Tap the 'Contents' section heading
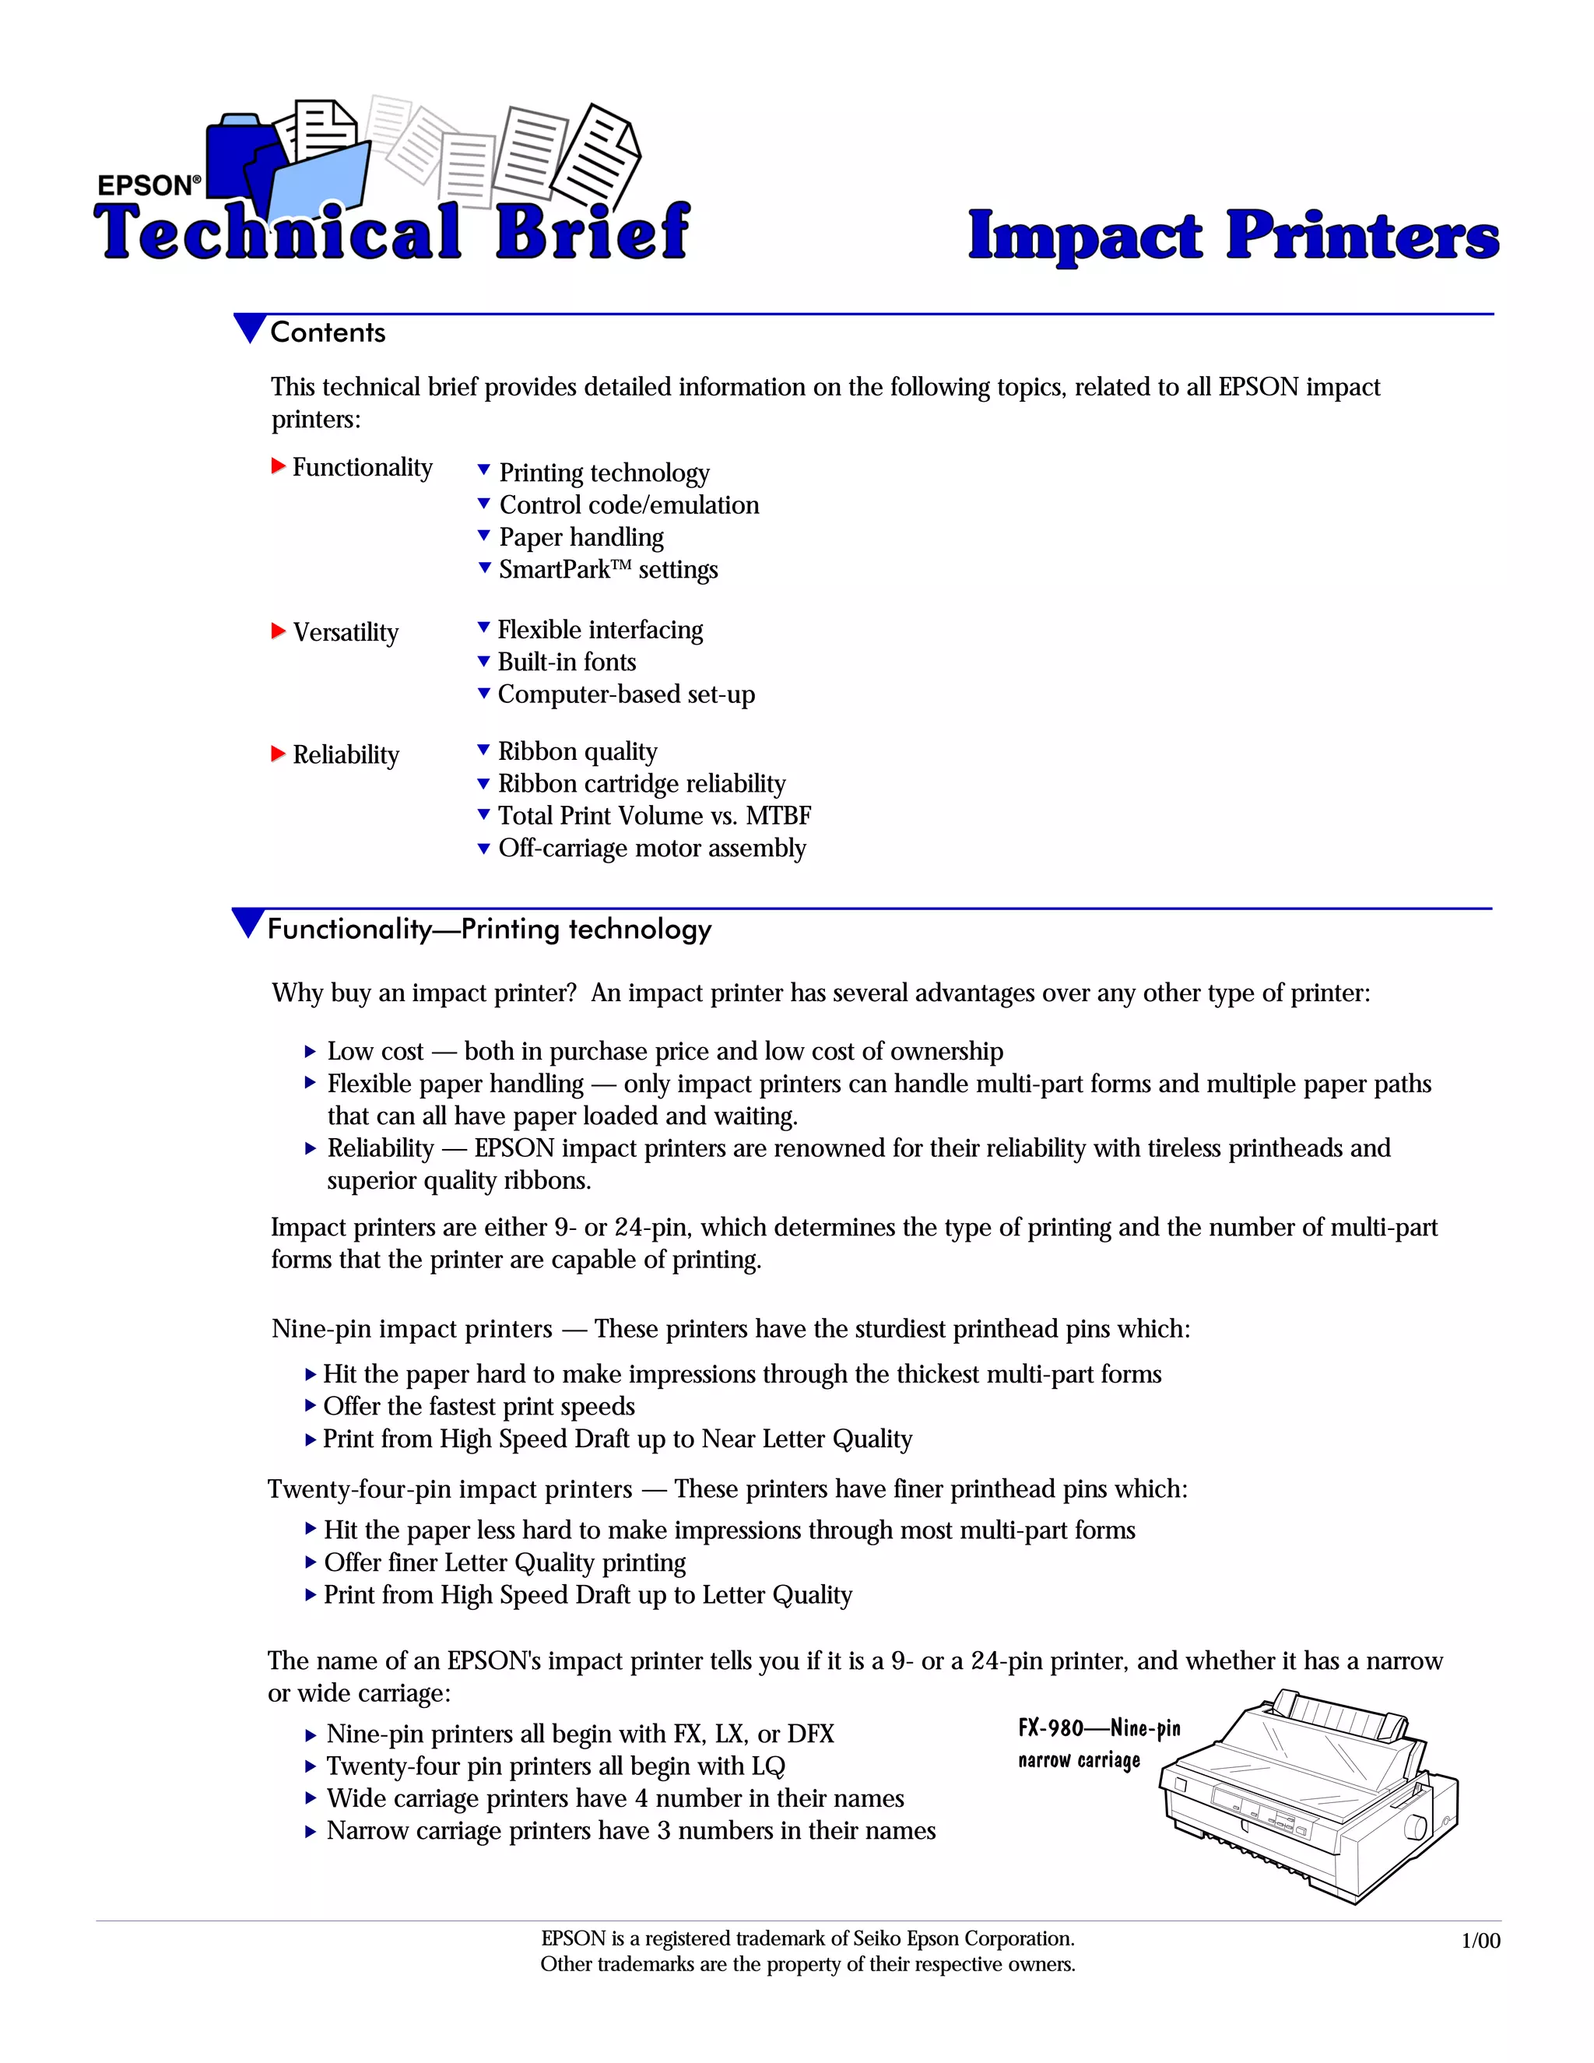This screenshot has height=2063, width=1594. click(x=328, y=332)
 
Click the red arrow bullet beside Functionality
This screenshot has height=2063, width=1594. click(x=279, y=466)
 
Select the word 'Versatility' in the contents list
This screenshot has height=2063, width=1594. click(x=346, y=632)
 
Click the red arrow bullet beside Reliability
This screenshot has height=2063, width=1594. click(x=279, y=754)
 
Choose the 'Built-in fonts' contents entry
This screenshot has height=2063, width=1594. click(x=567, y=662)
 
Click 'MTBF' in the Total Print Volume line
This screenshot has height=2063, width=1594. click(x=778, y=815)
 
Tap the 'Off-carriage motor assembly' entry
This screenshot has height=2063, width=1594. click(x=651, y=849)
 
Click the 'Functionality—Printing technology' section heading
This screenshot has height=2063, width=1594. click(x=489, y=930)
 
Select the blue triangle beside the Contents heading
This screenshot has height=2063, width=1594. click(x=249, y=329)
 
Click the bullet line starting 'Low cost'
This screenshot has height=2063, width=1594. click(x=665, y=1051)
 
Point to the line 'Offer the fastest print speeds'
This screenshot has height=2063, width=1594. click(x=479, y=1407)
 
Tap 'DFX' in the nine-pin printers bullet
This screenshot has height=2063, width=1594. click(x=810, y=1734)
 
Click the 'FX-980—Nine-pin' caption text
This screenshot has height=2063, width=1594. click(x=1098, y=1728)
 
